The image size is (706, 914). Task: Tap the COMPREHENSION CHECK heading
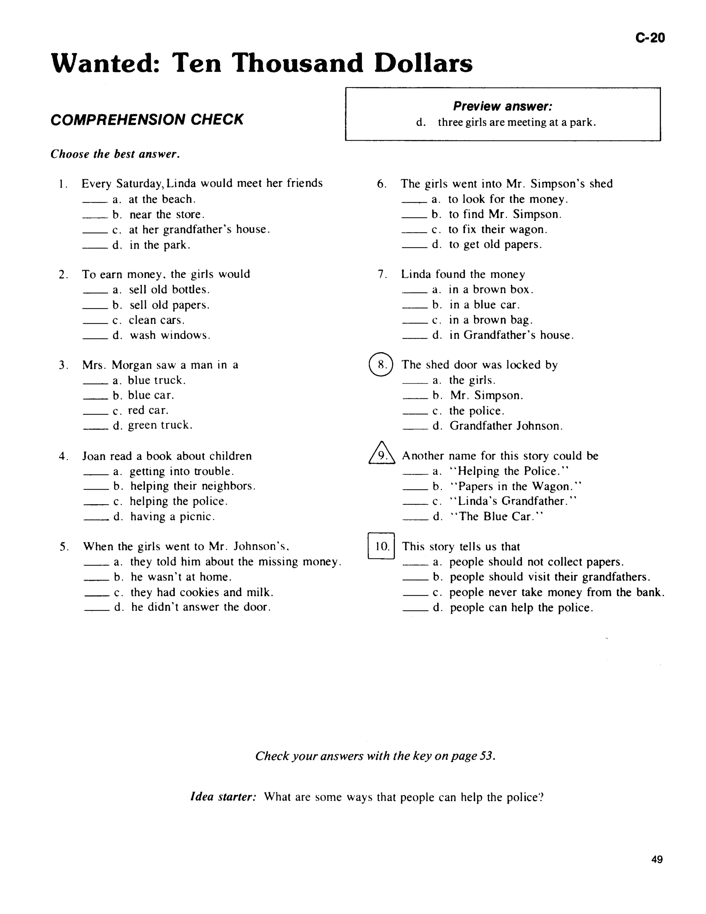[147, 120]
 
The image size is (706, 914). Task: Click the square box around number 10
[381, 546]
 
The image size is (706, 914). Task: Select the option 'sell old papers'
[169, 305]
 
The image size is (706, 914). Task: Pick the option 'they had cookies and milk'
[202, 592]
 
